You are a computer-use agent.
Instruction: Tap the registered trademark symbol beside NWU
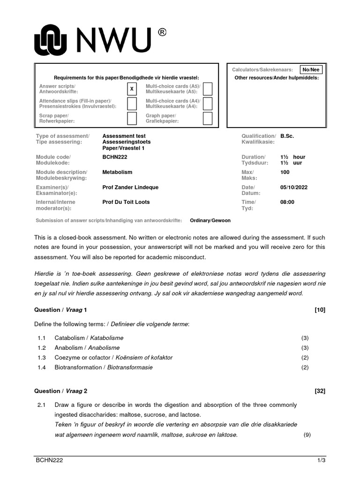tap(162, 32)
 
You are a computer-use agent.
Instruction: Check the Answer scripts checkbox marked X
tap(132, 89)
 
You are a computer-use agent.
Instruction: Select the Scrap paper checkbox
tap(132, 118)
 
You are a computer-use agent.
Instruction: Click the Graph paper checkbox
tap(208, 118)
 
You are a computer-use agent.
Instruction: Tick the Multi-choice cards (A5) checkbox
tap(208, 89)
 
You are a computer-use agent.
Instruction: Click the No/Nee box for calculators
tap(312, 70)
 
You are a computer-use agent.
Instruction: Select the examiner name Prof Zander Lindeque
tap(130, 187)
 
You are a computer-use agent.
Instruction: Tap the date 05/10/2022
tap(294, 187)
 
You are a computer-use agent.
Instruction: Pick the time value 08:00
tap(287, 202)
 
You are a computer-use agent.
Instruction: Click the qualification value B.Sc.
tap(287, 136)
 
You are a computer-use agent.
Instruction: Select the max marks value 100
tap(285, 172)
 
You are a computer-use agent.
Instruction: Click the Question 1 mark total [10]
tap(320, 310)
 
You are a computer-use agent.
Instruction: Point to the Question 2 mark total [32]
tap(320, 391)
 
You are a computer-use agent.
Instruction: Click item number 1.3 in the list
tap(43, 358)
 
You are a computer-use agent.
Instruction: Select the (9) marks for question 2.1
tap(307, 435)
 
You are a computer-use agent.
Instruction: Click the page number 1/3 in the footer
tap(321, 461)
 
